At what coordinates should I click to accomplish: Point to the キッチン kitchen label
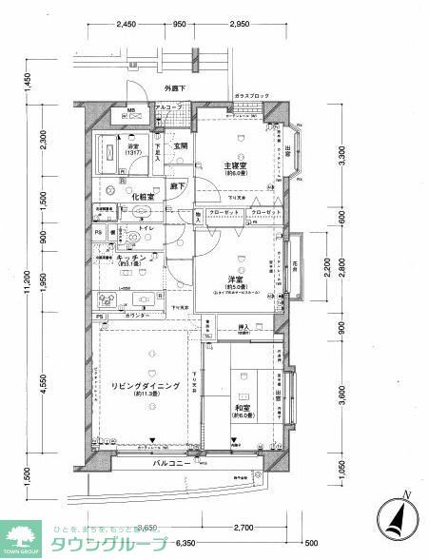[132, 258]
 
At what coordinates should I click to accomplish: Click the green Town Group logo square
[21, 537]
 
